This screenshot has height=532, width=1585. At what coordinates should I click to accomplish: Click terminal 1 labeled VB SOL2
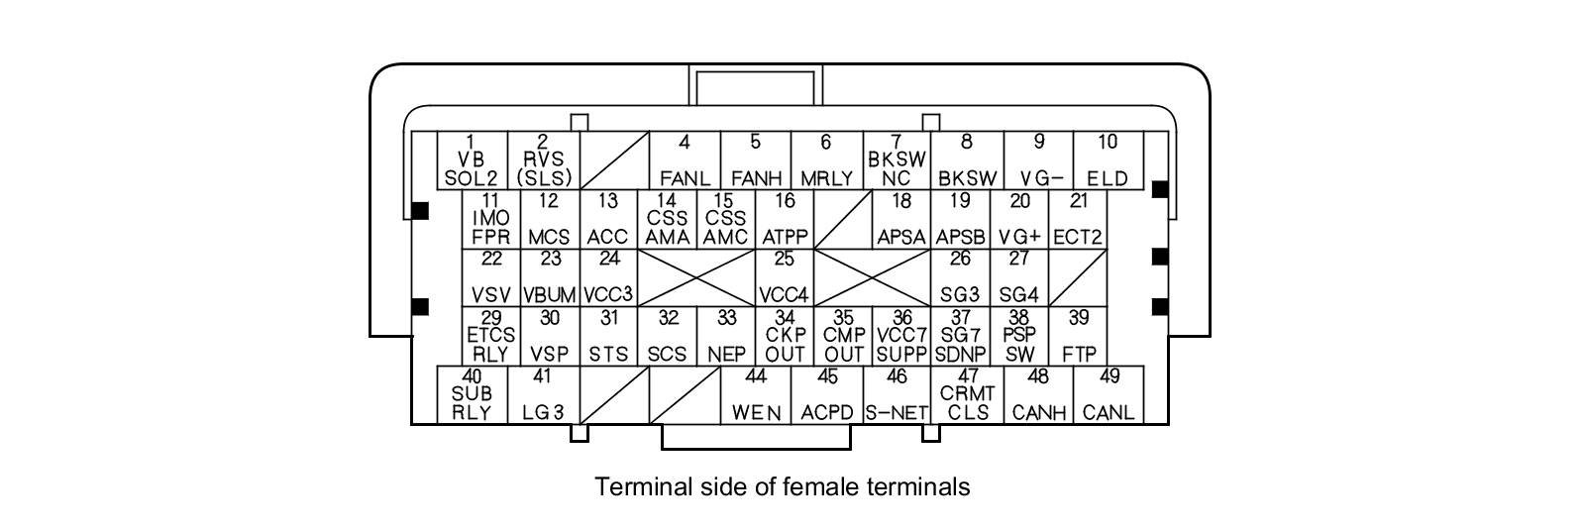472,160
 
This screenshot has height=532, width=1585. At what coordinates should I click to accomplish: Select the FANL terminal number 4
685,160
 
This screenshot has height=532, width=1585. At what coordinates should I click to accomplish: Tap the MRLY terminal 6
827,160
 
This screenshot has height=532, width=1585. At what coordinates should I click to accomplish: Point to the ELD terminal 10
1108,160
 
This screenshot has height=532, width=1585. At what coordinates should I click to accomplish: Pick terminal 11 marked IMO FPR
491,219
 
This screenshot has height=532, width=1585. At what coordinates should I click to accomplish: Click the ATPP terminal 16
785,219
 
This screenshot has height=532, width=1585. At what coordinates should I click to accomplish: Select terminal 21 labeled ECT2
1078,219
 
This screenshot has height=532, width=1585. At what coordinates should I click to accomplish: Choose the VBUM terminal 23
550,277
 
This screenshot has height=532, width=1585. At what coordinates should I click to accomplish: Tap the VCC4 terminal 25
785,277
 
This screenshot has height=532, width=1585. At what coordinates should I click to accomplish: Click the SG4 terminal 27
1018,277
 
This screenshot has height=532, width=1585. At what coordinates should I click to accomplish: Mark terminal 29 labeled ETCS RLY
491,336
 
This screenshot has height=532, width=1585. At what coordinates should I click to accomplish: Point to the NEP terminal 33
726,336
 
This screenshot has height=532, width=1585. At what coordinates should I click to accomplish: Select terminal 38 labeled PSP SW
1018,336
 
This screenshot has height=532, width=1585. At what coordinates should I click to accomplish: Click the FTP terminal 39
1078,336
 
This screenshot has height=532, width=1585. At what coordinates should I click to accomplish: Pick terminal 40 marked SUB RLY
472,395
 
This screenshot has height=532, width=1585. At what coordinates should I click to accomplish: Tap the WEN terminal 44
756,395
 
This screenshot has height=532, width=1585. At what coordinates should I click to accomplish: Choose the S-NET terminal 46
897,395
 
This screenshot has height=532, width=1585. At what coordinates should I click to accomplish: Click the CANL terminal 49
1109,395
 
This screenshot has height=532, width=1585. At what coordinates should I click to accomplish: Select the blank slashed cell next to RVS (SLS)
613,160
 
